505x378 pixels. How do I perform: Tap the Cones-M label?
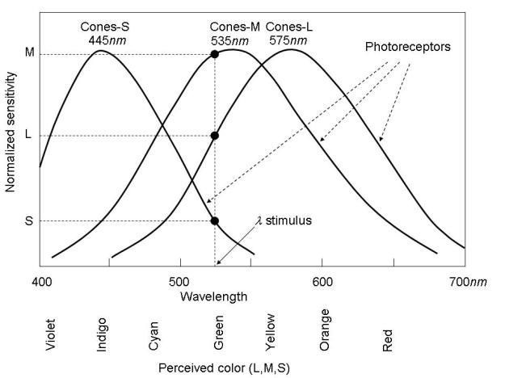click(x=234, y=27)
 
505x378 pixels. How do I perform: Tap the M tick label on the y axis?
click(x=30, y=54)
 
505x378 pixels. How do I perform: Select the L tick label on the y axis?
click(x=29, y=136)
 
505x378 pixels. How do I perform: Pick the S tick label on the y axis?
click(x=30, y=220)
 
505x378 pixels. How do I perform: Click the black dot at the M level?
click(x=215, y=54)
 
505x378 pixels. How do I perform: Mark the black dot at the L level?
click(x=215, y=136)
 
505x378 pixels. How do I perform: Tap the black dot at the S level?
click(x=215, y=220)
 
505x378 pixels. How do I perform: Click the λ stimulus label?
click(x=284, y=220)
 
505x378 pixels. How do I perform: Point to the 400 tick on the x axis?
click(x=40, y=282)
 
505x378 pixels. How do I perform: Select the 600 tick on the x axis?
click(x=322, y=282)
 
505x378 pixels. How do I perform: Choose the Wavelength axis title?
click(x=213, y=296)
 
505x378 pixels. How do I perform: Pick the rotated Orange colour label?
click(x=325, y=330)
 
